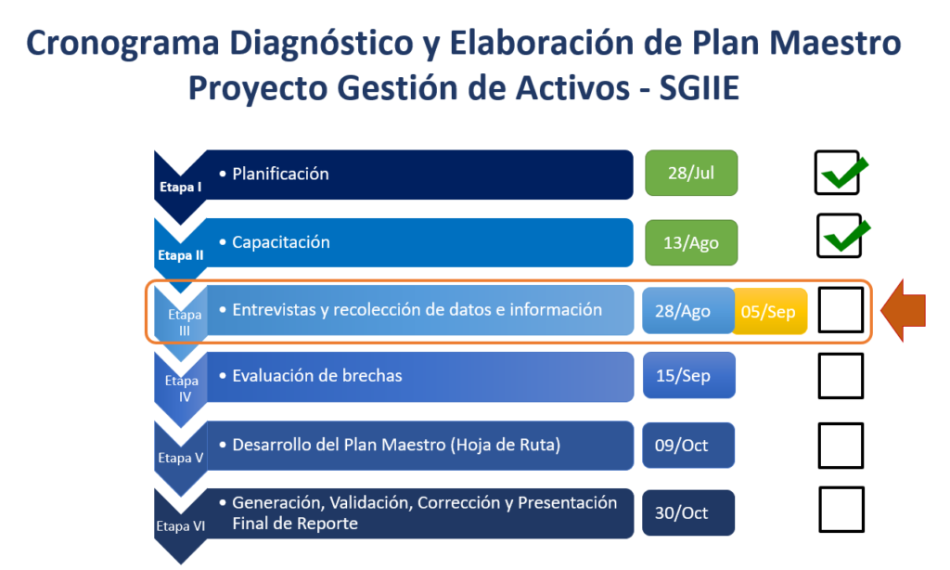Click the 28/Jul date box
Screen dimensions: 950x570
[x=691, y=173]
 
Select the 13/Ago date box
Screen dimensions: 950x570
[x=691, y=242]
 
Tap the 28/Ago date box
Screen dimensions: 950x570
[x=687, y=310]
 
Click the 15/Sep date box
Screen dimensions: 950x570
[x=689, y=375]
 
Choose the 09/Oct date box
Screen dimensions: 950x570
[x=688, y=445]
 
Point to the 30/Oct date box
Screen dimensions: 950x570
[x=688, y=513]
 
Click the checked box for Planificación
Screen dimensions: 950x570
[x=838, y=173]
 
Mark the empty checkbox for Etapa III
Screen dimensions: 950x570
[x=841, y=310]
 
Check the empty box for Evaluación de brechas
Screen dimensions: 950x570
[x=841, y=376]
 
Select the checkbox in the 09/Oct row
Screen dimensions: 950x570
[x=841, y=446]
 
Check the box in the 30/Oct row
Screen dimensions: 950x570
[x=841, y=510]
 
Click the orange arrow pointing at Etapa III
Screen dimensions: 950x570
[x=903, y=310]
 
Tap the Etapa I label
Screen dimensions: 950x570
[x=181, y=188]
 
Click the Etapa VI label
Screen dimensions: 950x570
[x=181, y=525]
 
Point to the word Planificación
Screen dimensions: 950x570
[x=280, y=174]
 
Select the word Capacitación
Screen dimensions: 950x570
[x=281, y=242]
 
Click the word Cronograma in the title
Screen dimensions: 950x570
[x=122, y=44]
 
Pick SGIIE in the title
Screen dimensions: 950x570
[x=700, y=88]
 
